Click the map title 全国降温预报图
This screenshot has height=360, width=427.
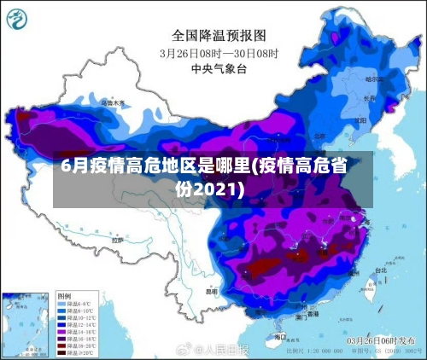point(219,35)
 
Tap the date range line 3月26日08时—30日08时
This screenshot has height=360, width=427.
point(219,52)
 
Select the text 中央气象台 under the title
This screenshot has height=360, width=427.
point(219,67)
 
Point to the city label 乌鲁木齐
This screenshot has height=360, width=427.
point(113,102)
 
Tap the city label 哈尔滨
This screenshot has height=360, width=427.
point(372,79)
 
